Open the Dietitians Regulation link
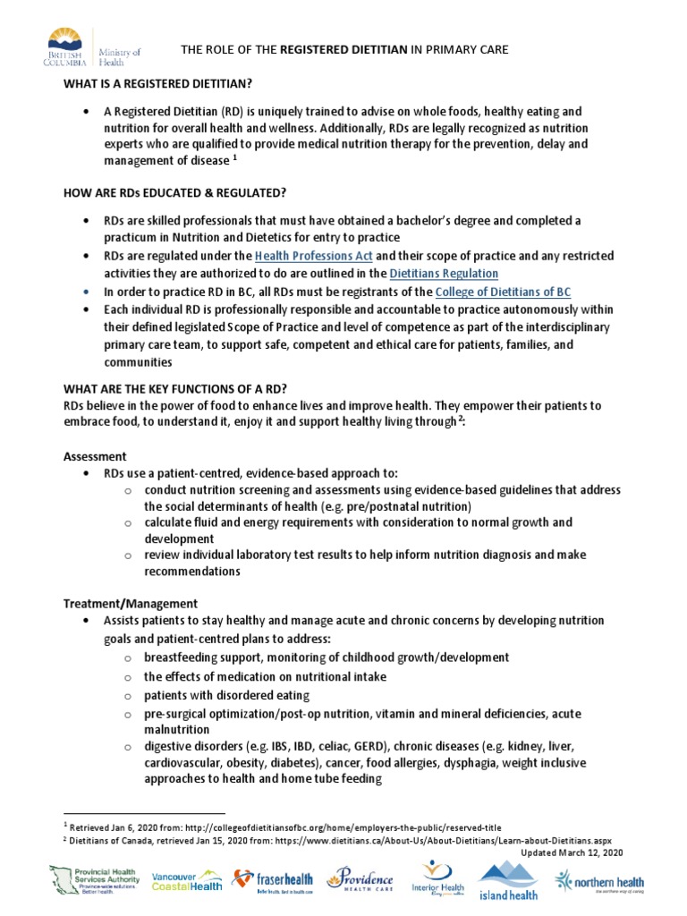click(444, 273)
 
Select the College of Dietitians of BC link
click(503, 293)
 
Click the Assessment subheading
click(95, 456)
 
